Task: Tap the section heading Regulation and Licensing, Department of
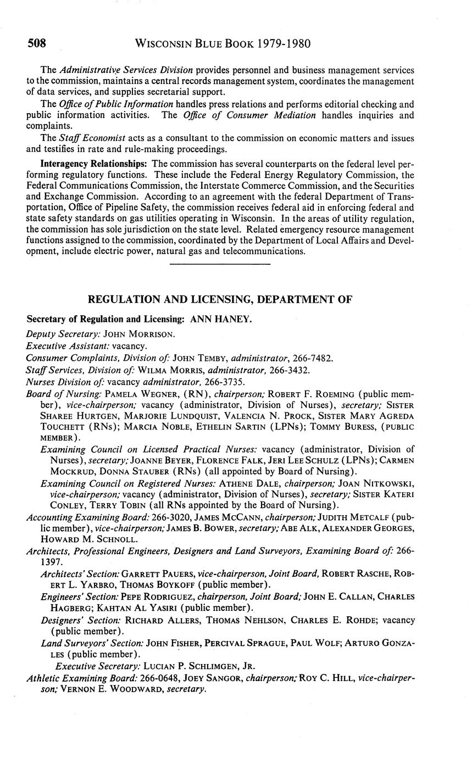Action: point(220,299)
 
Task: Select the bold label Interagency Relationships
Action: point(93,164)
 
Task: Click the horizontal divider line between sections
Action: point(220,265)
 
